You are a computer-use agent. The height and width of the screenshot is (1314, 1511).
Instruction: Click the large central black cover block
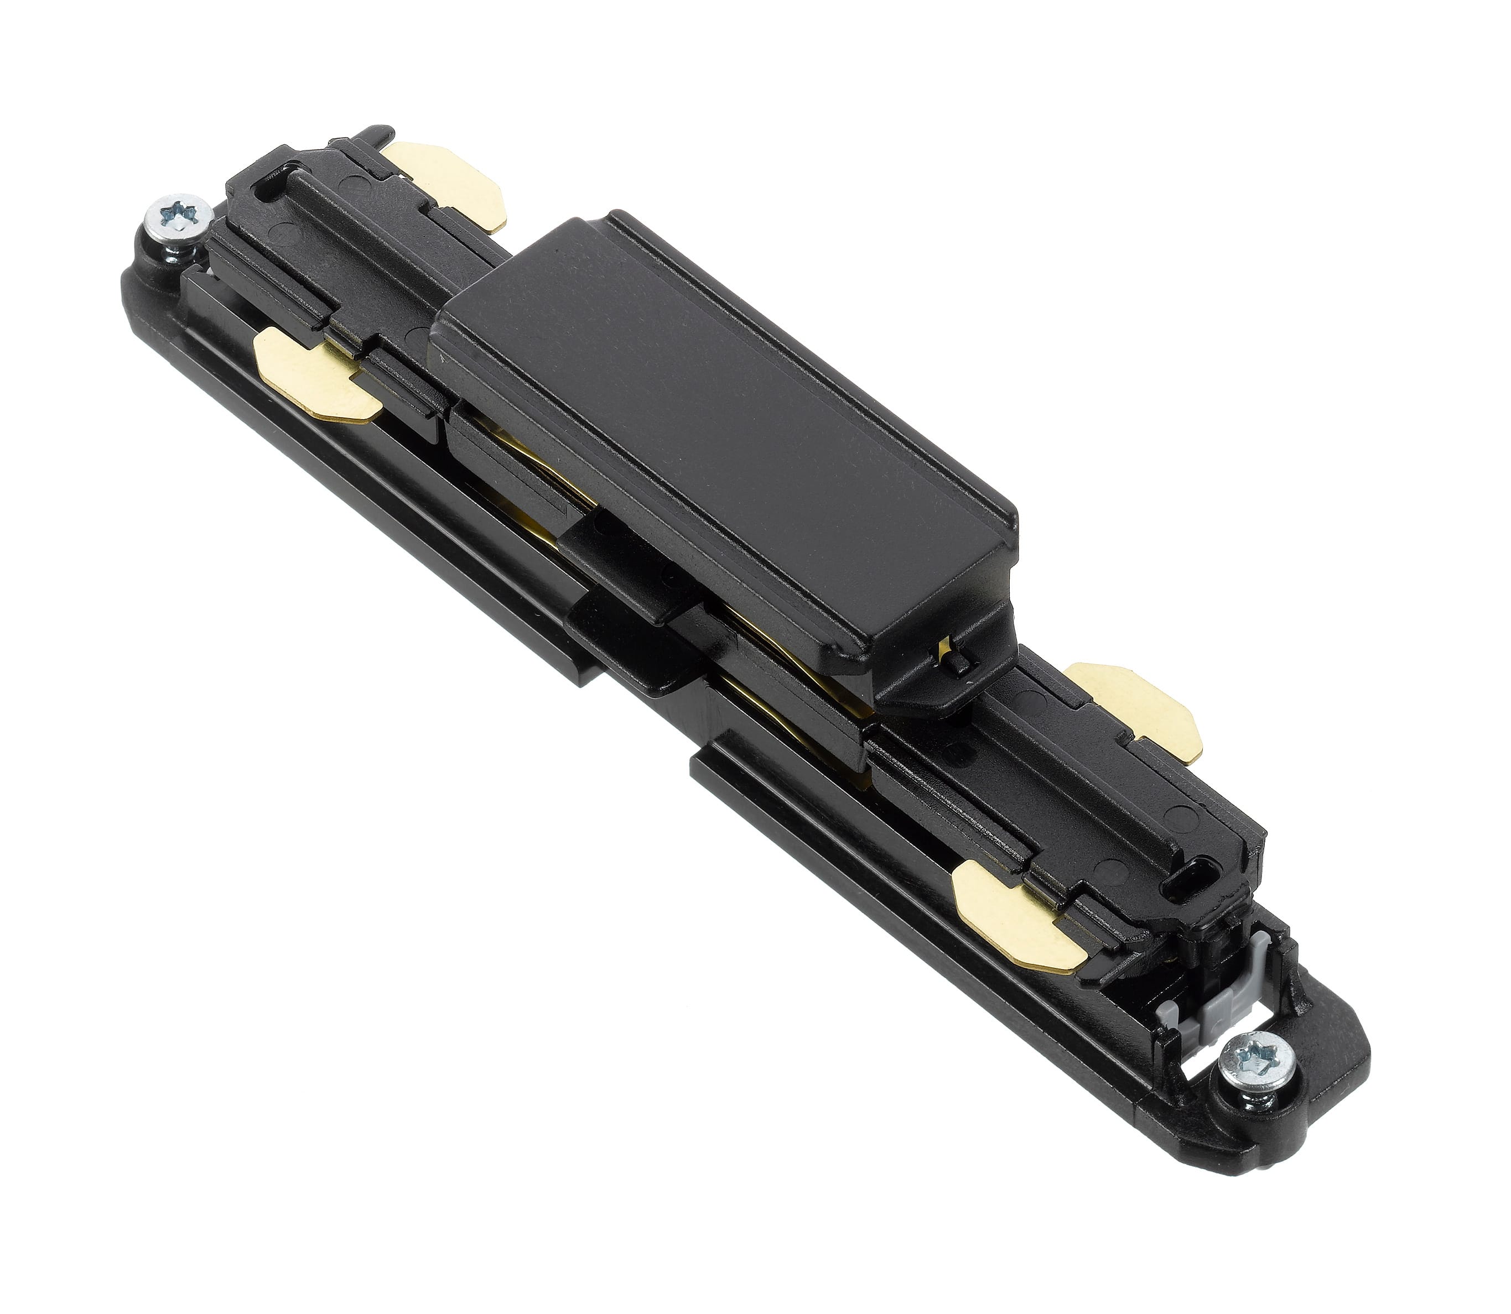[719, 432]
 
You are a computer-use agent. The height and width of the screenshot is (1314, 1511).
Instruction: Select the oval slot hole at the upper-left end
[263, 197]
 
